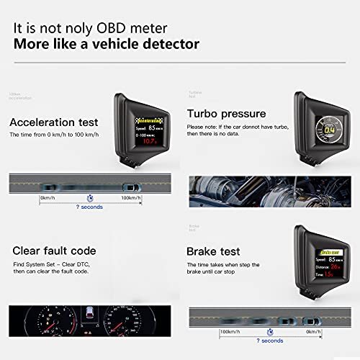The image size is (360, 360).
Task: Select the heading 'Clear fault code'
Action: tap(53, 251)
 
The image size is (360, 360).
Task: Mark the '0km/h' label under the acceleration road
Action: tap(48, 197)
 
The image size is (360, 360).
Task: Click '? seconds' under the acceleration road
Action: tap(89, 207)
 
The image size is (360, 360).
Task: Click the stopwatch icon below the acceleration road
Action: tap(89, 197)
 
